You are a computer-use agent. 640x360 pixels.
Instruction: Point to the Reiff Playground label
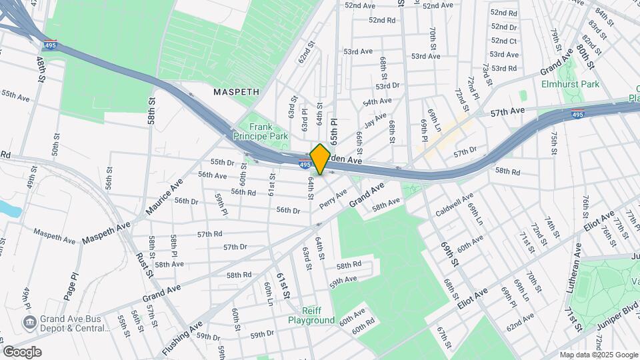coord(311,315)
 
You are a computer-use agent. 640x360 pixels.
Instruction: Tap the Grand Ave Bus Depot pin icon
coord(29,323)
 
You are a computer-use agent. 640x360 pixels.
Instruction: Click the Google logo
coord(22,352)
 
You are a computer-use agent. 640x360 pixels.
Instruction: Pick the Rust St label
coord(144,265)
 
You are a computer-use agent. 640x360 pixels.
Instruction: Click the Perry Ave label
coord(333,197)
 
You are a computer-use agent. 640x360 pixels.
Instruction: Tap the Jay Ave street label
coord(375,123)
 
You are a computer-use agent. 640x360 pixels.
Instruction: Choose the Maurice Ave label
coord(161,198)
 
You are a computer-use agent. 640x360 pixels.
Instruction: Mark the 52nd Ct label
coord(504,41)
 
